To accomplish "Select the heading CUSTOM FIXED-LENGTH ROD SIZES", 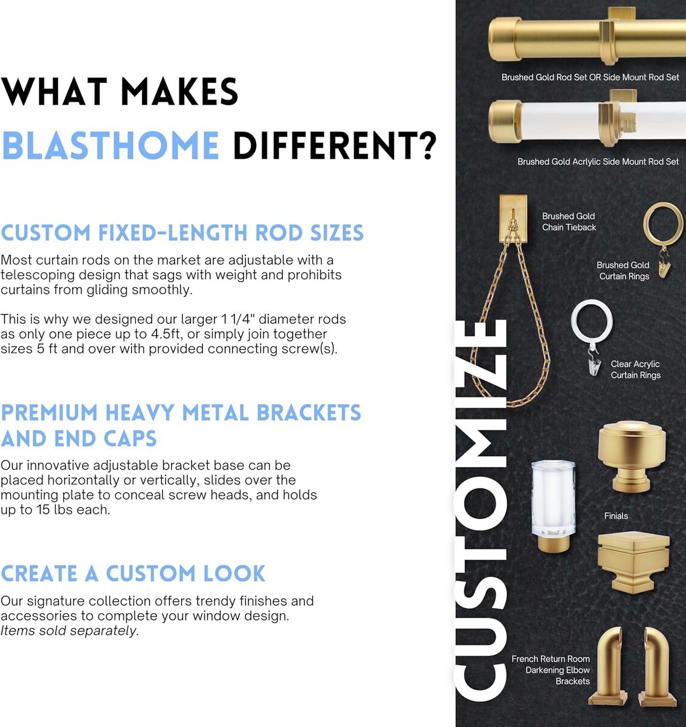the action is click(x=182, y=233).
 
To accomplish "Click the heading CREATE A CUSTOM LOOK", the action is click(x=133, y=573).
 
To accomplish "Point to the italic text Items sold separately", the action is click(x=70, y=630).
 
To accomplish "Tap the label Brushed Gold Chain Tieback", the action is click(x=569, y=222).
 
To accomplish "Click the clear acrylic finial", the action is click(x=553, y=505).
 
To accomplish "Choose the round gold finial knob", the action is click(x=631, y=456).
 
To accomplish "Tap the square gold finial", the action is click(x=633, y=563).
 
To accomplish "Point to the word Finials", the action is click(x=616, y=516).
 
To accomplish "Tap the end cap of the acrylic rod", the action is click(x=505, y=121).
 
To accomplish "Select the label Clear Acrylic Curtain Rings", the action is click(x=636, y=370).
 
